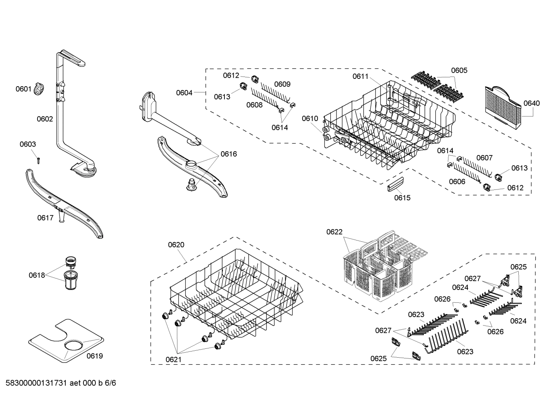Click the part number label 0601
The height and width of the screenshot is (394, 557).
point(23,89)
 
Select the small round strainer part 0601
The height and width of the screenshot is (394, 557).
point(39,89)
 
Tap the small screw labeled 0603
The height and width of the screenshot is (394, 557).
point(38,160)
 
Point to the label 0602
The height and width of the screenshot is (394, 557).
point(44,119)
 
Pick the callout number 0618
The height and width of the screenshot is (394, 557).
point(36,275)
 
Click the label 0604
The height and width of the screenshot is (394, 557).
point(184,92)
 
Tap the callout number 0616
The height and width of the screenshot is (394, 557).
point(229,154)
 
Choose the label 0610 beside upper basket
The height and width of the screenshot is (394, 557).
point(310,118)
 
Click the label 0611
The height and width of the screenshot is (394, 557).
point(360,76)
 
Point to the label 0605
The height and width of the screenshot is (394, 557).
point(459,70)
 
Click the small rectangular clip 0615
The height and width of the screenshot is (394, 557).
point(394,184)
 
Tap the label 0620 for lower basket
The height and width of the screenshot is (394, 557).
point(176,244)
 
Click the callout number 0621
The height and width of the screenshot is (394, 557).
point(173,359)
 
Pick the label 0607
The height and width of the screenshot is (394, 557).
point(484,157)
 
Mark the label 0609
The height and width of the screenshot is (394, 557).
point(282,84)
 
